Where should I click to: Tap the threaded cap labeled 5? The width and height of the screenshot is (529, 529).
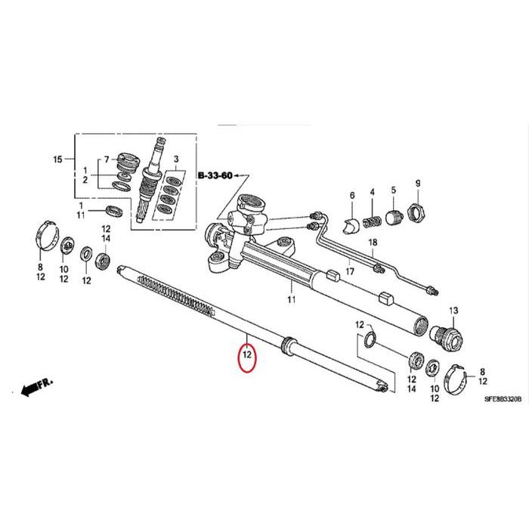coord(393,218)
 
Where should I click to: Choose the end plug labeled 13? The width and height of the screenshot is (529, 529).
coord(447,335)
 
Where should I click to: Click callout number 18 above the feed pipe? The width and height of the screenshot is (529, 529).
coord(372,243)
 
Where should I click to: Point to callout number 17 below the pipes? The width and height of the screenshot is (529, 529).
coord(349,271)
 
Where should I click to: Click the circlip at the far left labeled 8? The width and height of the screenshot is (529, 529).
coord(47,237)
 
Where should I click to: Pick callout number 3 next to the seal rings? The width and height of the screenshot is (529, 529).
coord(175,160)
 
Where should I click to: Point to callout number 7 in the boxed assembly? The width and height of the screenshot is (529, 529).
coord(107,159)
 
